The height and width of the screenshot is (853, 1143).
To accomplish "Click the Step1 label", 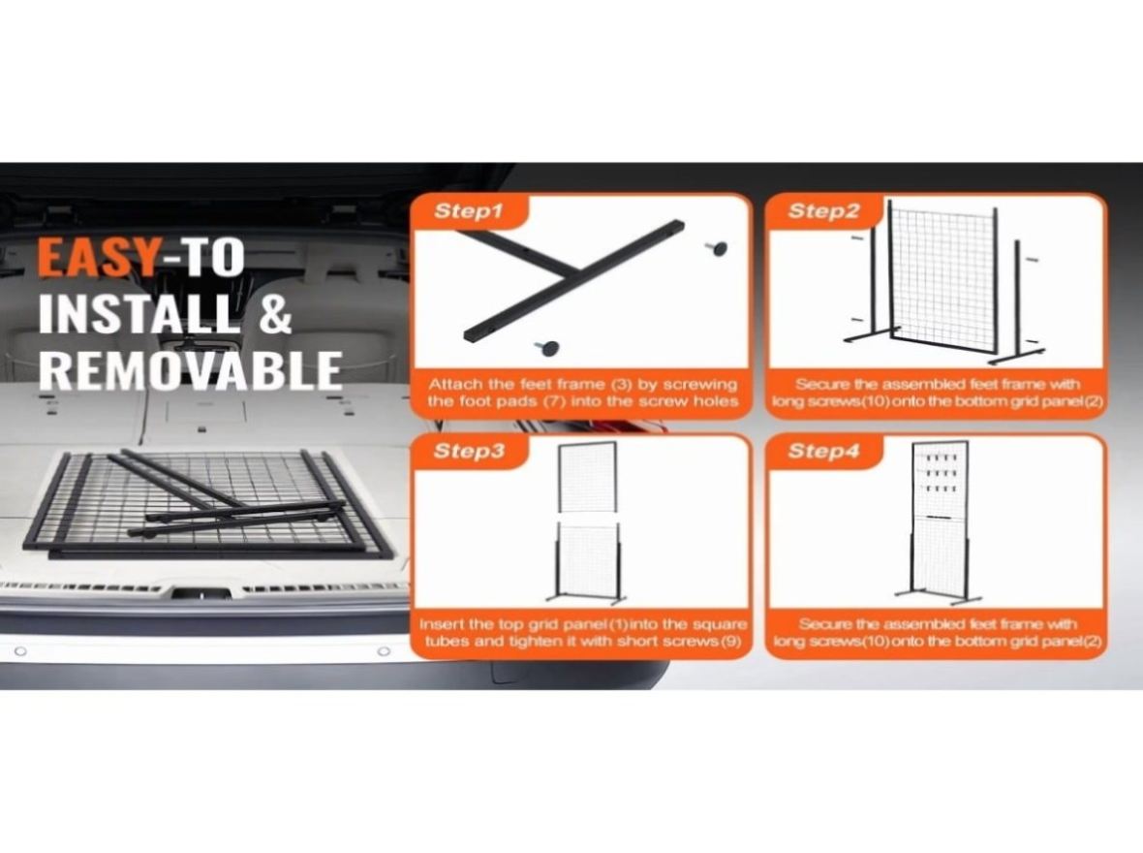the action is tap(469, 211).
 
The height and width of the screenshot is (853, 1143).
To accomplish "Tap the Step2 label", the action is tap(823, 211).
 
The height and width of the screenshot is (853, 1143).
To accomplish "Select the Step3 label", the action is tap(469, 451).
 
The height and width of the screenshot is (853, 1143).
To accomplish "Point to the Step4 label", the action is tap(823, 451).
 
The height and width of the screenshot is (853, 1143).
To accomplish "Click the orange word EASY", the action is tap(97, 258).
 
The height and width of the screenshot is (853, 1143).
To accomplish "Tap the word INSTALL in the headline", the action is tap(139, 314).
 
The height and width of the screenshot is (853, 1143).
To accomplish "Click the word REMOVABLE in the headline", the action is tap(190, 370).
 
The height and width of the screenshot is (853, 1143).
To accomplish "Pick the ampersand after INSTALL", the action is tap(275, 314).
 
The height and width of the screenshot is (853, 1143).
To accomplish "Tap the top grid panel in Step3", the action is tap(588, 477).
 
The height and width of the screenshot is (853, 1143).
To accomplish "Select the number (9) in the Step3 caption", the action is tap(730, 642).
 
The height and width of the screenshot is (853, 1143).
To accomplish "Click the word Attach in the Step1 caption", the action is tap(455, 385).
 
